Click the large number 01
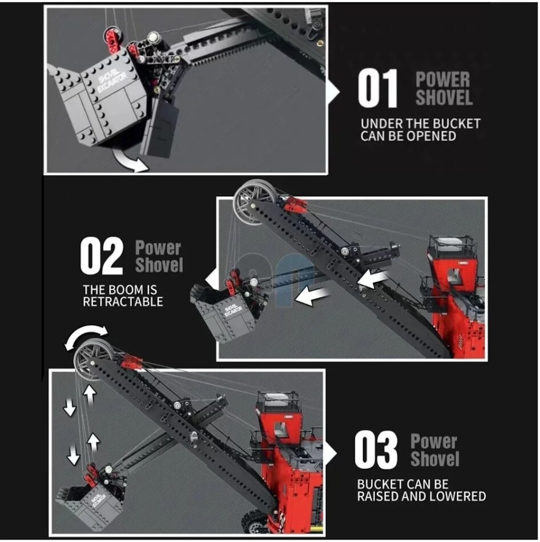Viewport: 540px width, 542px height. click(377, 88)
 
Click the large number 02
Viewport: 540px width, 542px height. click(102, 256)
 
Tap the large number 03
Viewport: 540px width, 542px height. click(376, 450)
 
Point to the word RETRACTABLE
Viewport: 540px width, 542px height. click(123, 302)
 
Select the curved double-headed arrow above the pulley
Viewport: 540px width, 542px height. click(86, 334)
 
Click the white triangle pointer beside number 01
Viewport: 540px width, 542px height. click(332, 92)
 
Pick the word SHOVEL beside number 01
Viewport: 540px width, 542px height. click(444, 98)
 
